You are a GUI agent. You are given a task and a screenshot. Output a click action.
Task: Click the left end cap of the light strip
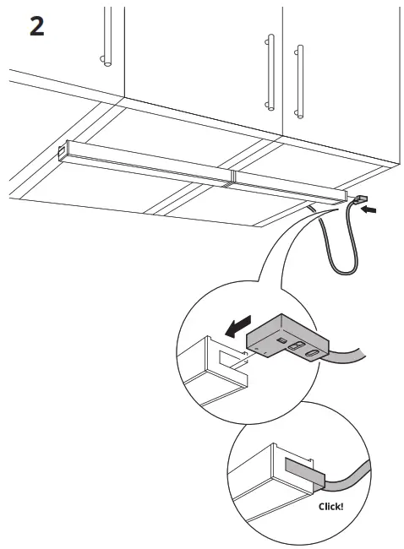(63, 151)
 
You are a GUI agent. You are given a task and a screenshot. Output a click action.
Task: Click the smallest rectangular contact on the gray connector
(282, 338)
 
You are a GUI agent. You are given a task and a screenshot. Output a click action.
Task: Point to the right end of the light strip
(341, 196)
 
